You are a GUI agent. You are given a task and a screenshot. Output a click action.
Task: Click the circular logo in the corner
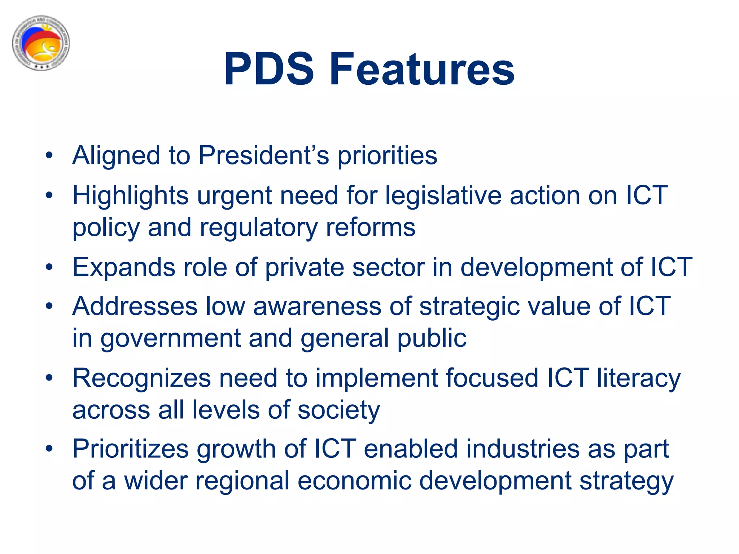(x=41, y=43)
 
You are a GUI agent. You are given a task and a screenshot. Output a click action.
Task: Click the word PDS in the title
(x=269, y=69)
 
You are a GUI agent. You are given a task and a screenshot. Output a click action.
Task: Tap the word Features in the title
(x=422, y=69)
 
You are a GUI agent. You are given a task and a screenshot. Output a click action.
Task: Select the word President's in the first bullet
(x=264, y=155)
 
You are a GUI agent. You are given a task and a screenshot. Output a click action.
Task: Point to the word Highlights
(x=131, y=195)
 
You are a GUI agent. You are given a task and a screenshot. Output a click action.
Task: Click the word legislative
(x=443, y=195)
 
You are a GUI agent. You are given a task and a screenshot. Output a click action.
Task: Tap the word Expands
(x=124, y=267)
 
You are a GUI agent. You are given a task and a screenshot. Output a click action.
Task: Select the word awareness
(x=317, y=306)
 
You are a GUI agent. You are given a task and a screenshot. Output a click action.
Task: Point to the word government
(x=170, y=338)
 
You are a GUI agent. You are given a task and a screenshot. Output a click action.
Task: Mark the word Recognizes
(x=141, y=378)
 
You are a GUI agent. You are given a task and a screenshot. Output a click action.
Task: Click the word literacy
(x=639, y=378)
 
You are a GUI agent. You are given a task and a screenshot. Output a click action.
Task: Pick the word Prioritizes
(x=131, y=449)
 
